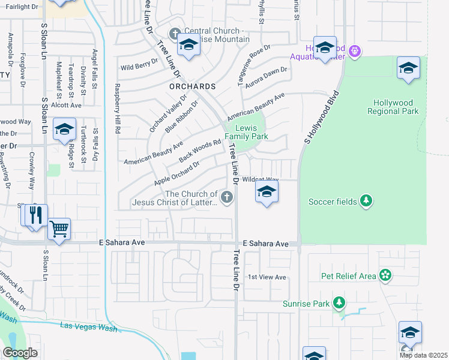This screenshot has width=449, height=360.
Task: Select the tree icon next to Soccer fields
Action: pos(366,201)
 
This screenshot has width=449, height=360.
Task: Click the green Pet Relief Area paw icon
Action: pos(385,276)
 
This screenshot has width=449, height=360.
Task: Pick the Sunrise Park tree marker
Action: pos(339,303)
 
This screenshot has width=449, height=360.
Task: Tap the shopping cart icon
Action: pos(59,229)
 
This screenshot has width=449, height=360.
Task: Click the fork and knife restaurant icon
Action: pos(36,215)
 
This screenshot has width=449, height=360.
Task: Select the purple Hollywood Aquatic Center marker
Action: pos(355,52)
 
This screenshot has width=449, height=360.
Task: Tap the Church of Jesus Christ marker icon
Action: pos(227,197)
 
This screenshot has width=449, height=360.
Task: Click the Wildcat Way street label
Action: pos(261,179)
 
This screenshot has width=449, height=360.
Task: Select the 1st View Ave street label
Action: pos(267,277)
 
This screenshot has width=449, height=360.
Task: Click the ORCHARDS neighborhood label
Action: pos(191,86)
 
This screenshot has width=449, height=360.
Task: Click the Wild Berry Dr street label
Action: pos(139,67)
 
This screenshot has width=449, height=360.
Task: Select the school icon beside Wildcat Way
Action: pos(267,193)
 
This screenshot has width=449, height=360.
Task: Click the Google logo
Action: pos(20,353)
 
